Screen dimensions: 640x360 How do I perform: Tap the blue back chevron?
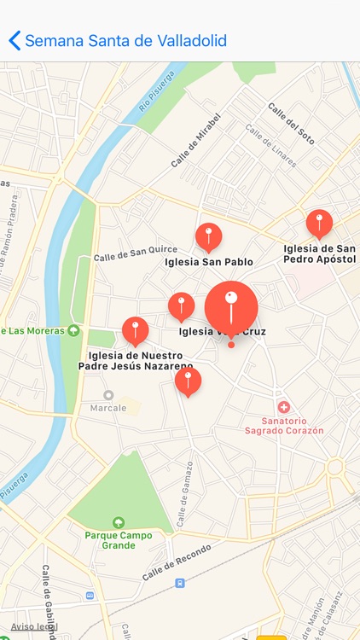point(14,40)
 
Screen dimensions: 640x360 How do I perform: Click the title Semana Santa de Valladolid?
point(125,40)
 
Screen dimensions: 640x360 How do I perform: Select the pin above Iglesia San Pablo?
point(208,236)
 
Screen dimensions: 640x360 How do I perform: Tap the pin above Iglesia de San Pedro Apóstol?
point(319,223)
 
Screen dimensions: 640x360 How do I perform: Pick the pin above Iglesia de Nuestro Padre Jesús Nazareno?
point(135,329)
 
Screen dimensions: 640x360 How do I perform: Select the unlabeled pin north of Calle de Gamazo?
point(188,381)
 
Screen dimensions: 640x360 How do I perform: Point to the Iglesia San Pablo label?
point(209,262)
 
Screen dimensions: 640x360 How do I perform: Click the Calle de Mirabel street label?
point(195,140)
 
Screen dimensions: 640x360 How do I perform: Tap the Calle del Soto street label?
point(292,125)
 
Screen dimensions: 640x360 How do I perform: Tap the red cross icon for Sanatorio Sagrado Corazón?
point(284,408)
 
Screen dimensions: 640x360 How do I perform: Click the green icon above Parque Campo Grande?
point(119,522)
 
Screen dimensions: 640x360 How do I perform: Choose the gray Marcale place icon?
point(108,395)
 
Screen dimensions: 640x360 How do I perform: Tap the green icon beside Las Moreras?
point(74,330)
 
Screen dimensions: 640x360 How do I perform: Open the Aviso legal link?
point(34,626)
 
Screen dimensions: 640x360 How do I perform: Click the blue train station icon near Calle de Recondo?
point(179,583)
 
